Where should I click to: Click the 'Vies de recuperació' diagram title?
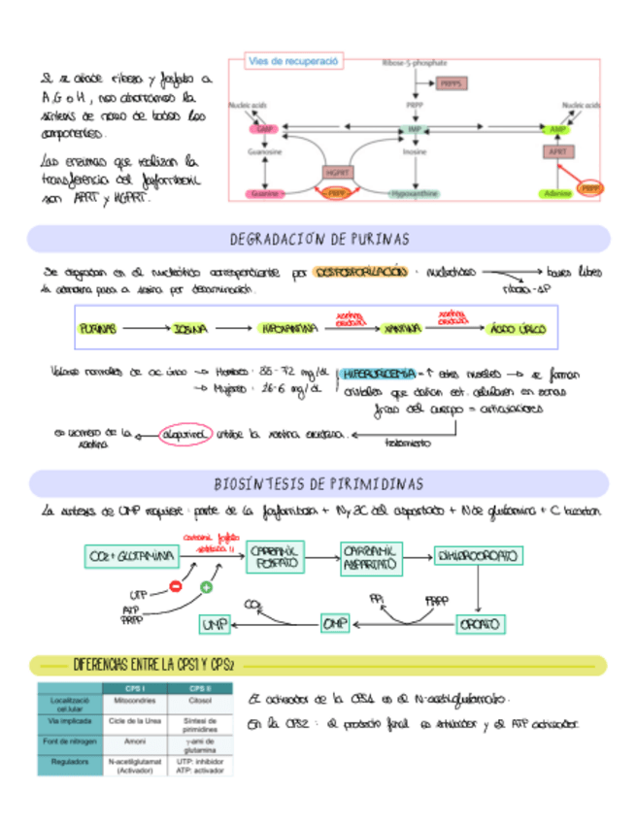coord(292,61)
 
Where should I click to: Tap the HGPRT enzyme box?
coord(335,172)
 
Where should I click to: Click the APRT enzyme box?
coord(556,151)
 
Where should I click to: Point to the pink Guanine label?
coord(264,194)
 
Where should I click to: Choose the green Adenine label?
coord(556,194)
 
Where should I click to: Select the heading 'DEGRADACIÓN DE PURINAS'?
coord(318,239)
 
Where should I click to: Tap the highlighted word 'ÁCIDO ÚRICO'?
coord(516,330)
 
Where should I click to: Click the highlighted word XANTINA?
coord(401,330)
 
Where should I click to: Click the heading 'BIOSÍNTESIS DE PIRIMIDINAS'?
coord(318,483)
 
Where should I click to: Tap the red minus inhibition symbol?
coord(176,585)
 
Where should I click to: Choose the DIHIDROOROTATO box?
coord(478,556)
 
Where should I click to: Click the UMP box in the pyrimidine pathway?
coord(216,623)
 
